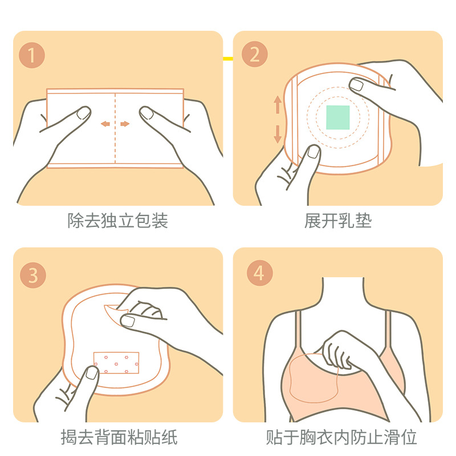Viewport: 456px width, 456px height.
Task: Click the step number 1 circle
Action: click(32, 55)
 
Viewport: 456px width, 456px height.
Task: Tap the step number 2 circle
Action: click(255, 54)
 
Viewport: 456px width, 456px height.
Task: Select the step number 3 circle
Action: click(33, 275)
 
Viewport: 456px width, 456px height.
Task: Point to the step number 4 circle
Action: click(260, 273)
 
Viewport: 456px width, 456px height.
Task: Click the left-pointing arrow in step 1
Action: click(105, 124)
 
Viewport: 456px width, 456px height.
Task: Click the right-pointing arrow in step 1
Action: click(125, 124)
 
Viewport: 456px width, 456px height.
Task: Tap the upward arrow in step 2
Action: click(278, 104)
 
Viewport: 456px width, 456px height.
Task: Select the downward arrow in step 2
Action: click(278, 134)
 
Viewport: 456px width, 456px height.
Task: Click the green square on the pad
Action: click(337, 117)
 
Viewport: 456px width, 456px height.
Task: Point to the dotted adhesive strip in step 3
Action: click(116, 363)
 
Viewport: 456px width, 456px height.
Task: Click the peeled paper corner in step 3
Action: click(115, 315)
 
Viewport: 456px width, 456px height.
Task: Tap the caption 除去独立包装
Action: click(118, 221)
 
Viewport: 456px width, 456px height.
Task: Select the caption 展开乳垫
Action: click(338, 221)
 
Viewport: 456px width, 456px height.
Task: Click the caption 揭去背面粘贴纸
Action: click(119, 437)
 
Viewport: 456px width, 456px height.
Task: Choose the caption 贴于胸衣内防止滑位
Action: click(341, 437)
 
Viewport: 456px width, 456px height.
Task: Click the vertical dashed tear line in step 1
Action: click(115, 128)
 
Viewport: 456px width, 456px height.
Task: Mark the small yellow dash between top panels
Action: click(228, 59)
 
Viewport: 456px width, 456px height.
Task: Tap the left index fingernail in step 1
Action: click(84, 113)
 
